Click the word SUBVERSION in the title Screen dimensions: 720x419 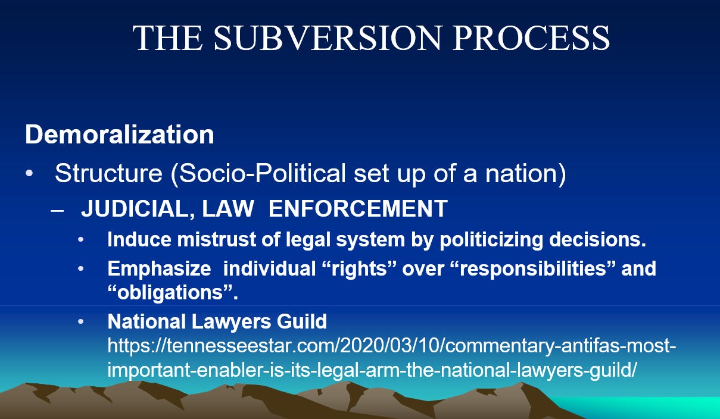tap(327, 38)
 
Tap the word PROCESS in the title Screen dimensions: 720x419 tap(531, 38)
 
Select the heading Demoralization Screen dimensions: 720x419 tap(120, 135)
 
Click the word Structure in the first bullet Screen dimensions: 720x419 tap(108, 173)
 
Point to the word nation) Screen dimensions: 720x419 tap(525, 174)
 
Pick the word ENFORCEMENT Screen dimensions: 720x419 tap(358, 208)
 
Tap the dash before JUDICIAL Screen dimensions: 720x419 tap(57, 211)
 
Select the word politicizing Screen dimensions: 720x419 tap(491, 240)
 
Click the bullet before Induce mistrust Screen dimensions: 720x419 tap(80, 240)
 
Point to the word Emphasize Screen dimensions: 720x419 tap(160, 268)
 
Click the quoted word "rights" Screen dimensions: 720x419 tap(359, 268)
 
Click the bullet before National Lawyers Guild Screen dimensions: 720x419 tap(80, 321)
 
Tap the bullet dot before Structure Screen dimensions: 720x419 tap(29, 173)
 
